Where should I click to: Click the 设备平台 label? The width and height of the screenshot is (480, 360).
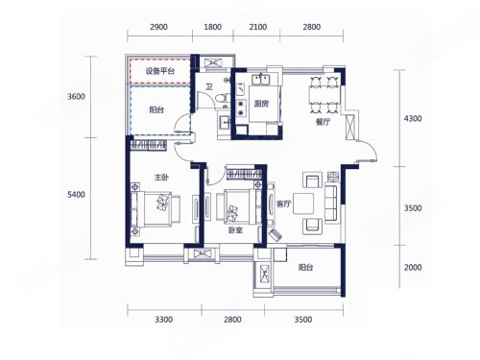(160, 71)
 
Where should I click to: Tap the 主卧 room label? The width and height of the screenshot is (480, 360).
(161, 177)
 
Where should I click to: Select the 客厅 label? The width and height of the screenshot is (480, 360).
(283, 204)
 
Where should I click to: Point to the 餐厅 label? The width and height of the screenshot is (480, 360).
(323, 122)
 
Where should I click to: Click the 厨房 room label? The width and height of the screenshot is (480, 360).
(261, 104)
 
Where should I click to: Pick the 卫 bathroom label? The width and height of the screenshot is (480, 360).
(209, 86)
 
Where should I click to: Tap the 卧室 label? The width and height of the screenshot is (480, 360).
(235, 229)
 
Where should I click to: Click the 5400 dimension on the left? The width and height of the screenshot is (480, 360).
(76, 195)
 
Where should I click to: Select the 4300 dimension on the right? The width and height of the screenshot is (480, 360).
(413, 119)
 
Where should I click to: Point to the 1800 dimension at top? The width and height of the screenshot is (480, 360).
(213, 27)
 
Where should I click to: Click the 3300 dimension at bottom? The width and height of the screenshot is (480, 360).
(164, 320)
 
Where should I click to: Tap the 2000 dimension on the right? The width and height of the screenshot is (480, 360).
(413, 267)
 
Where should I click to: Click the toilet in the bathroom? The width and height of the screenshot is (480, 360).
(222, 97)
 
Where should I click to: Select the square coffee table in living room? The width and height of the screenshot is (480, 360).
(303, 204)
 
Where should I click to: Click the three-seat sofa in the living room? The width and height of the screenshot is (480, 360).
(331, 202)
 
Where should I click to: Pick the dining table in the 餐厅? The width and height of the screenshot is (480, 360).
(324, 95)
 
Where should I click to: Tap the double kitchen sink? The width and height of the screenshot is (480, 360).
(262, 80)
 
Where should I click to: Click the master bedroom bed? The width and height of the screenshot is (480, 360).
(156, 209)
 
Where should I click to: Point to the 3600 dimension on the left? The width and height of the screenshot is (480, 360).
(76, 96)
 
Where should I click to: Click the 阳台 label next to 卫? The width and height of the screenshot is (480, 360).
(156, 110)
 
